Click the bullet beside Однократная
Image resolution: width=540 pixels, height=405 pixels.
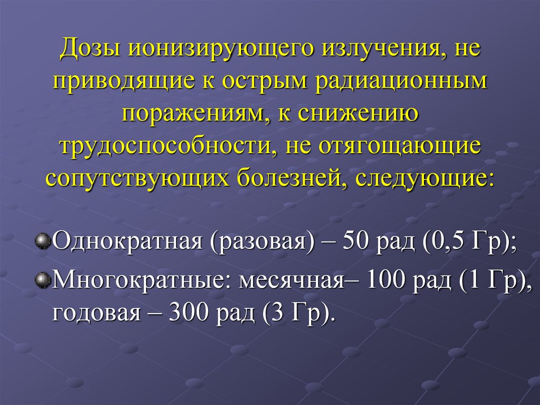[42, 241]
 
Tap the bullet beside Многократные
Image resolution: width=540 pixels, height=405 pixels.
[42, 278]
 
